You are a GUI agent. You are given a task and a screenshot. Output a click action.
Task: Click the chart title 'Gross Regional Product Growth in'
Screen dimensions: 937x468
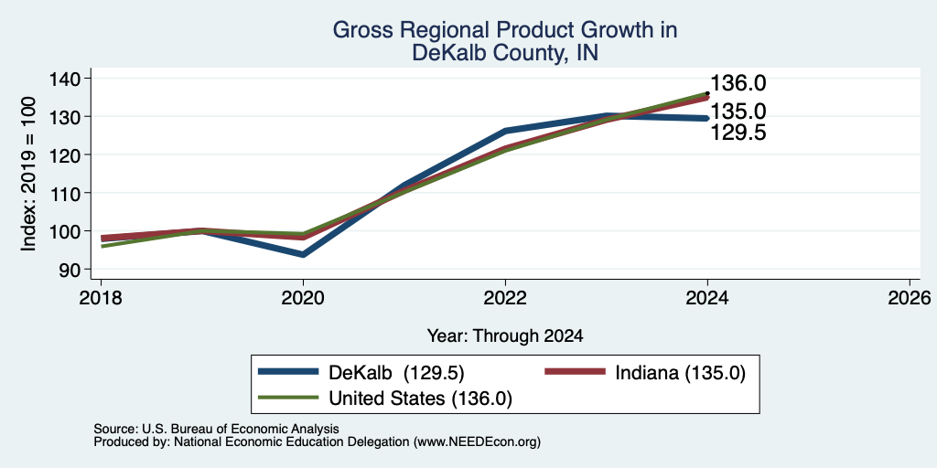tap(504, 30)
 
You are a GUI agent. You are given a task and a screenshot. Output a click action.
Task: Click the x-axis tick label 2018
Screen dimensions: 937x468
tap(101, 297)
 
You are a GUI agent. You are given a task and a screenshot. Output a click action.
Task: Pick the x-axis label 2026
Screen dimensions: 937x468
tap(910, 297)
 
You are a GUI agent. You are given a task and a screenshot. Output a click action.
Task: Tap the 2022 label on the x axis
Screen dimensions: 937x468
tap(505, 297)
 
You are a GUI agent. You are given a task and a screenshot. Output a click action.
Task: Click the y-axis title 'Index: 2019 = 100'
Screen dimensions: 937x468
tap(28, 174)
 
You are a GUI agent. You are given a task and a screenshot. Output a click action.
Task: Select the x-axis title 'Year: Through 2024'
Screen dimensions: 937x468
tap(505, 336)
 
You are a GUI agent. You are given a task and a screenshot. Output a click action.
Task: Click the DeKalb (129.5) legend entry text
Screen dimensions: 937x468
tap(396, 372)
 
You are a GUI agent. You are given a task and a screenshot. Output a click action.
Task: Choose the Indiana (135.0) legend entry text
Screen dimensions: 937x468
tap(680, 372)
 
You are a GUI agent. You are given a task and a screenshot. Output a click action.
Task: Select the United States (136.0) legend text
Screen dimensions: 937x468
tap(420, 399)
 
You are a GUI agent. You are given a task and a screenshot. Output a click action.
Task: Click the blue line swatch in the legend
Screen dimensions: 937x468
tap(288, 372)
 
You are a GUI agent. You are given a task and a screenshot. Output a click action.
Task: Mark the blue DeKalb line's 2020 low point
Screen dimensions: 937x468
tap(303, 254)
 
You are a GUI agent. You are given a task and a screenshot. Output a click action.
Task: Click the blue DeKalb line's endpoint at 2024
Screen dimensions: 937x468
tap(707, 118)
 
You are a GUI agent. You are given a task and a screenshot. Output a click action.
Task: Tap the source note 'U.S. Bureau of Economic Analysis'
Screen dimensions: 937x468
tap(241, 429)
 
